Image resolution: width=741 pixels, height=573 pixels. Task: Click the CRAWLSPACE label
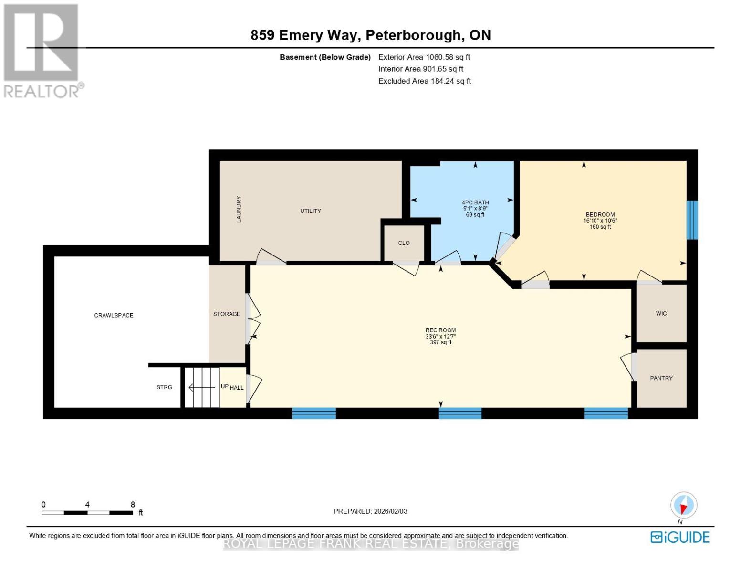pyautogui.click(x=114, y=315)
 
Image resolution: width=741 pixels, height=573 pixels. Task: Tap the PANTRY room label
pyautogui.click(x=661, y=378)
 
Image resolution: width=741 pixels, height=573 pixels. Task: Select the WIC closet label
pyautogui.click(x=661, y=314)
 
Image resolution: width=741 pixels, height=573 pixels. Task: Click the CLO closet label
pyautogui.click(x=404, y=243)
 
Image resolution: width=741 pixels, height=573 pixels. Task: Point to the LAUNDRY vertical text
pyautogui.click(x=239, y=209)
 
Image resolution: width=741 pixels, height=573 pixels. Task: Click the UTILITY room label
pyautogui.click(x=310, y=211)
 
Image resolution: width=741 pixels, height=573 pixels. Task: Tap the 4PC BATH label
pyautogui.click(x=475, y=202)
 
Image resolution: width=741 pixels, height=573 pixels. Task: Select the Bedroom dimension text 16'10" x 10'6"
pyautogui.click(x=600, y=221)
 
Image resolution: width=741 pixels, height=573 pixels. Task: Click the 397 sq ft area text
pyautogui.click(x=440, y=342)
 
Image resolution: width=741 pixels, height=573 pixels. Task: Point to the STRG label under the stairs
pyautogui.click(x=164, y=387)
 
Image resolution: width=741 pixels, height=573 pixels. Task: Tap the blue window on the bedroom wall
pyautogui.click(x=691, y=220)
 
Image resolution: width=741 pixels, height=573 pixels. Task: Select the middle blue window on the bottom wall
pyautogui.click(x=460, y=413)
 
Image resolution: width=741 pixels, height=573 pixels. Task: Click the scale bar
pyautogui.click(x=87, y=513)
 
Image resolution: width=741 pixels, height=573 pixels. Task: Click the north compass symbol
pyautogui.click(x=683, y=505)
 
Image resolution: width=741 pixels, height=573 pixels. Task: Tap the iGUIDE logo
pyautogui.click(x=679, y=537)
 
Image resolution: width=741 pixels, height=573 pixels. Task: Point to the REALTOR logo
pyautogui.click(x=42, y=50)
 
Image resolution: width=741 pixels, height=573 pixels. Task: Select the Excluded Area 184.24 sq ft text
pyautogui.click(x=424, y=81)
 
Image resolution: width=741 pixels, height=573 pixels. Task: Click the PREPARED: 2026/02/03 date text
pyautogui.click(x=370, y=511)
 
